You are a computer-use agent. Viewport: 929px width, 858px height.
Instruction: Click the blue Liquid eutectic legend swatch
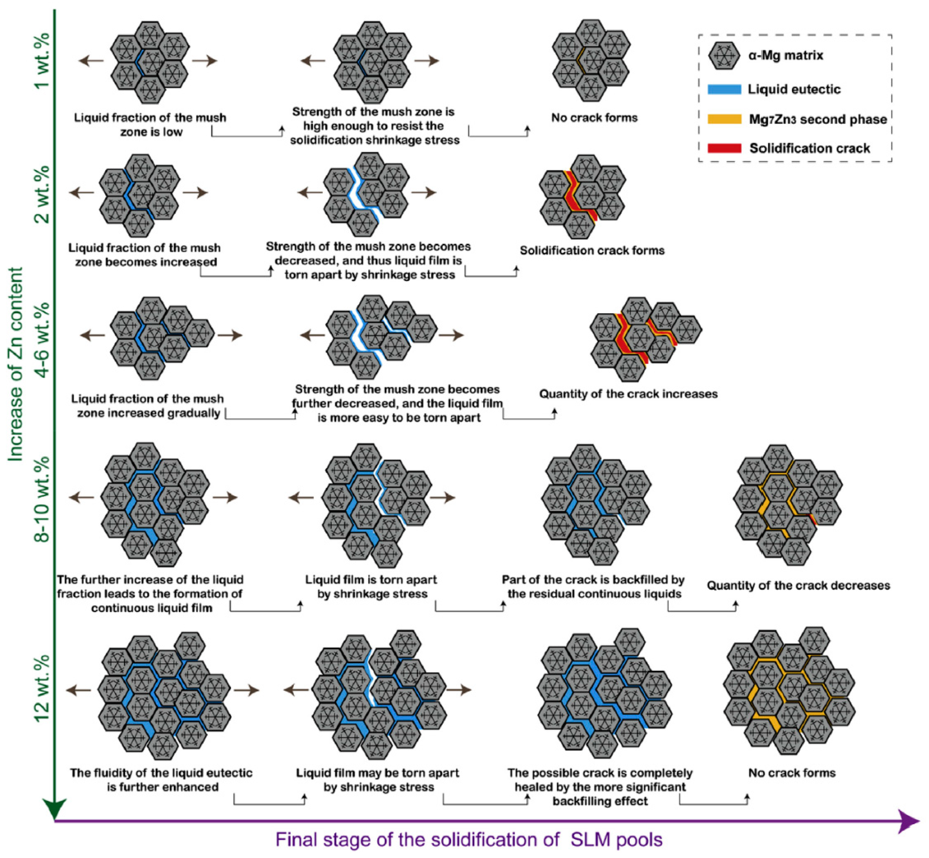point(724,89)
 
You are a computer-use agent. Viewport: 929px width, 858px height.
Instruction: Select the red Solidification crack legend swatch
point(724,148)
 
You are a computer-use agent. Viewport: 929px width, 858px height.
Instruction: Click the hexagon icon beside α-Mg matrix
point(724,56)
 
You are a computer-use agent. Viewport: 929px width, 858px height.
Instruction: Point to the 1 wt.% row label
point(43,60)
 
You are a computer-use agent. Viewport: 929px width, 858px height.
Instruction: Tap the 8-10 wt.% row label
point(43,499)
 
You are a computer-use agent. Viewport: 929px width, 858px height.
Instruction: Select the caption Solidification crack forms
point(592,251)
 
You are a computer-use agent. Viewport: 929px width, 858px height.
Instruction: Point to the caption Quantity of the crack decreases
point(798,585)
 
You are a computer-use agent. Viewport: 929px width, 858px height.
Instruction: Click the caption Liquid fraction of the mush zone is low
point(150,124)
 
